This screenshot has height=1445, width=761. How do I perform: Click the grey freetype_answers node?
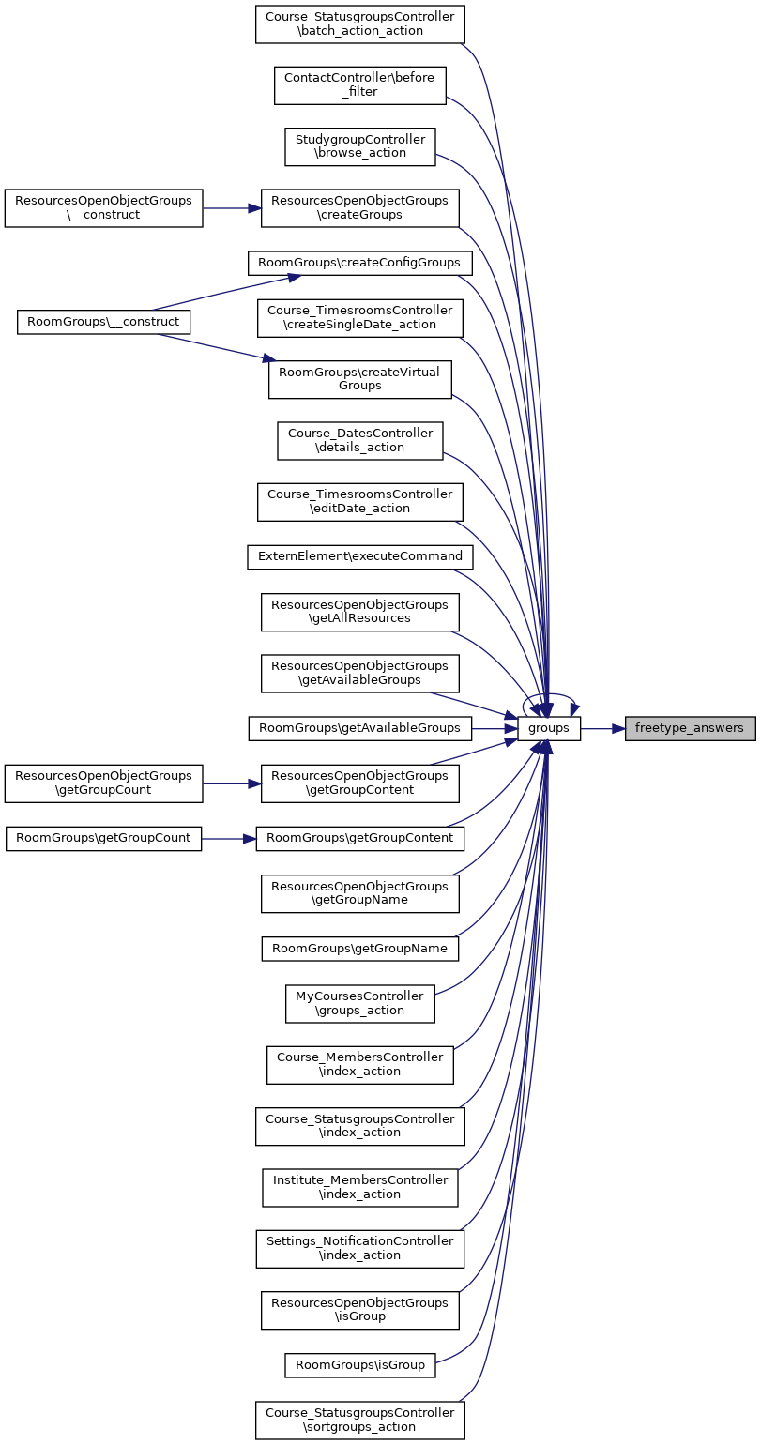click(690, 727)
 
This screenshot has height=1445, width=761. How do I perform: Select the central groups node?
click(550, 727)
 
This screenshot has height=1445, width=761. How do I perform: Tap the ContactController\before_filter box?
click(359, 84)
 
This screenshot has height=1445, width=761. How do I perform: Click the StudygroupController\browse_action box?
click(359, 146)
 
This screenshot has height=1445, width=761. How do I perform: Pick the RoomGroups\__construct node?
click(104, 323)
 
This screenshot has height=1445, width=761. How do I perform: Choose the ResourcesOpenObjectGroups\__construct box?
click(104, 207)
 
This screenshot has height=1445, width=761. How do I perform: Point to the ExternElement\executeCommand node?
click(359, 555)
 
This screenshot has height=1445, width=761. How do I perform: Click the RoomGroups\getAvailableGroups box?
click(359, 727)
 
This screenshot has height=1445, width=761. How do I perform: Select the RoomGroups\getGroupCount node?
click(104, 838)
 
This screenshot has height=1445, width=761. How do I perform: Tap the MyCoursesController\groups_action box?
click(359, 1003)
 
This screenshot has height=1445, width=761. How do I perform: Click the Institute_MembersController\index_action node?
click(359, 1187)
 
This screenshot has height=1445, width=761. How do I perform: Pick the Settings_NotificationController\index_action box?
click(359, 1248)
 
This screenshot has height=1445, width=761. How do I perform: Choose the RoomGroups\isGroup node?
click(359, 1364)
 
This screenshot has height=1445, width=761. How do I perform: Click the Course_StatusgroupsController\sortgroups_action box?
click(359, 1420)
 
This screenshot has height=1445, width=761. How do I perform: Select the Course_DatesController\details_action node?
click(359, 440)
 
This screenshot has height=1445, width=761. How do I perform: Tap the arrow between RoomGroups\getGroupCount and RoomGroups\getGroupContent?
click(229, 838)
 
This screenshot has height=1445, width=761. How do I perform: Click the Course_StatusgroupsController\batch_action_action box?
click(359, 23)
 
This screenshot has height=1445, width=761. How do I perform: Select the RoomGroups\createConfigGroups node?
click(359, 263)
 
